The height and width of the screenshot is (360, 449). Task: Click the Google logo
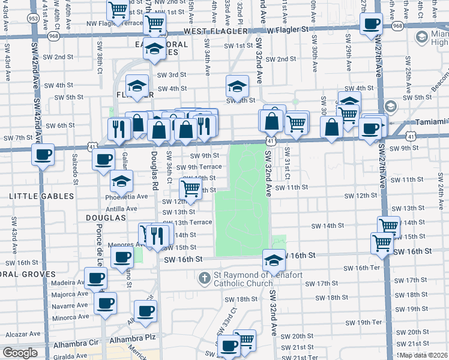pyautogui.click(x=20, y=353)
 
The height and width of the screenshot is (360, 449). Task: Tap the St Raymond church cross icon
pyautogui.click(x=204, y=278)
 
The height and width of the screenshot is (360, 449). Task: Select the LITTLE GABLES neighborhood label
pyautogui.click(x=41, y=196)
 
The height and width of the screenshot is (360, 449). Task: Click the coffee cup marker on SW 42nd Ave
pyautogui.click(x=43, y=155)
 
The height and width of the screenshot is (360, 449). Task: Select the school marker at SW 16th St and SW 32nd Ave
pyautogui.click(x=274, y=260)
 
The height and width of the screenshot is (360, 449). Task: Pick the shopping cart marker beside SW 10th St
pyautogui.click(x=191, y=189)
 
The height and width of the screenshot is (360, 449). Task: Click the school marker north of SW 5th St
pyautogui.click(x=237, y=86)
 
